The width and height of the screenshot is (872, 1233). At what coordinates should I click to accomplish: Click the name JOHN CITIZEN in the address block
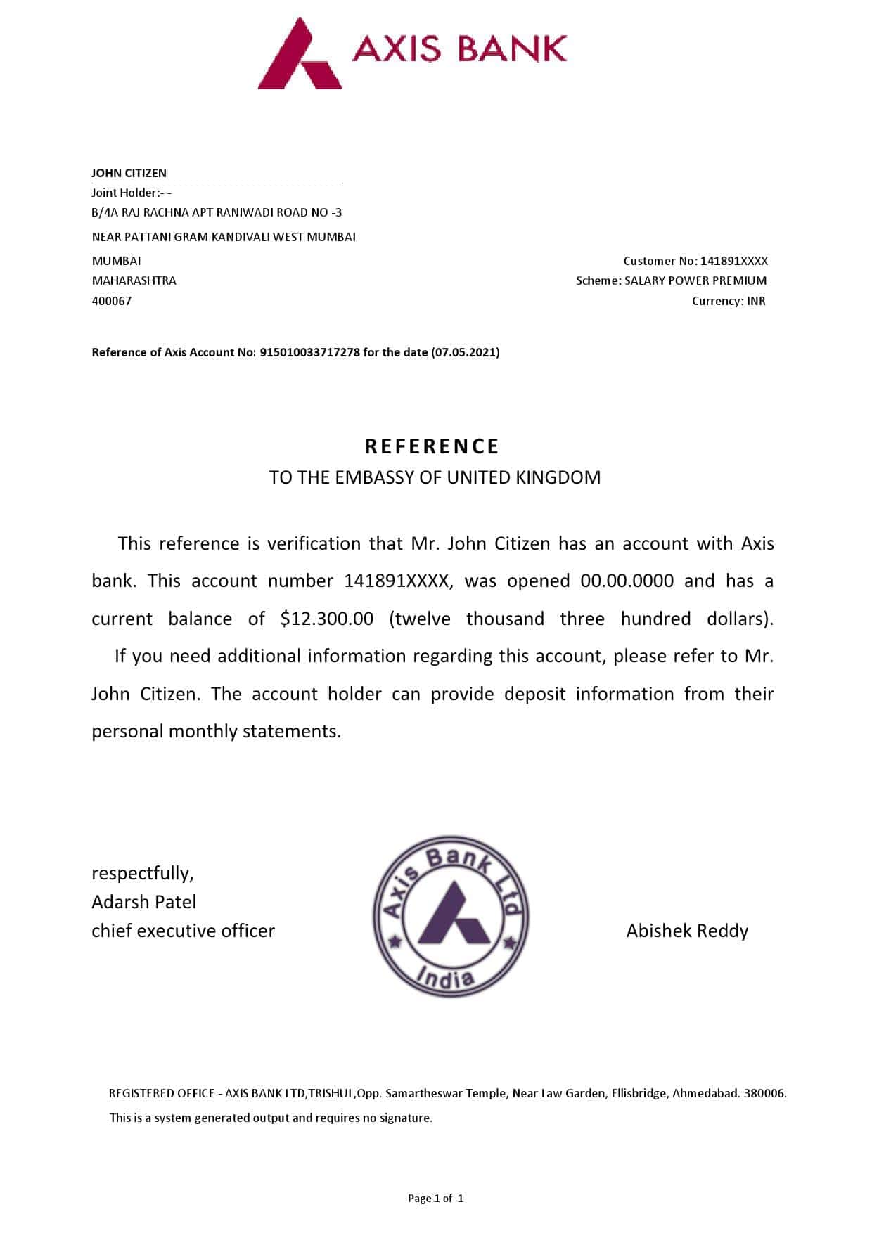click(x=129, y=173)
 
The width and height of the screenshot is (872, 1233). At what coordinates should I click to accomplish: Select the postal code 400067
click(x=112, y=301)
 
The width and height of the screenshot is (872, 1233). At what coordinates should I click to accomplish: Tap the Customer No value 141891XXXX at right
click(x=734, y=261)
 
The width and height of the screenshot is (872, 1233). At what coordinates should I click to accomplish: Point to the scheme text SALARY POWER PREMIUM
click(x=695, y=280)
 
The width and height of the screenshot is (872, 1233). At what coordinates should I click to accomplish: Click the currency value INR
click(x=757, y=301)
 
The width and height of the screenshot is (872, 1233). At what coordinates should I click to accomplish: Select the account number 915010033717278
click(x=309, y=352)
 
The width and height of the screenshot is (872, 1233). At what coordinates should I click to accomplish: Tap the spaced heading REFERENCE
click(x=432, y=446)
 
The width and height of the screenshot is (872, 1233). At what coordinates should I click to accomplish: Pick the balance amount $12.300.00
click(x=327, y=619)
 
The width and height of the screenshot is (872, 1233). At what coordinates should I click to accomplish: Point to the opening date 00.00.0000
click(x=627, y=581)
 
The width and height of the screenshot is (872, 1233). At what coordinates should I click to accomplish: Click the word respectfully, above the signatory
click(x=143, y=873)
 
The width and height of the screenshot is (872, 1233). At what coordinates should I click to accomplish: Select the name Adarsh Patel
click(x=144, y=902)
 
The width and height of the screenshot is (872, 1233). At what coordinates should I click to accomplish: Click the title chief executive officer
click(x=183, y=931)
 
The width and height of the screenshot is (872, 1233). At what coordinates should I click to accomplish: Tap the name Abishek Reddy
click(x=687, y=931)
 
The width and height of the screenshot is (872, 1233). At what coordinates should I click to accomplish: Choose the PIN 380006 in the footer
click(x=765, y=1093)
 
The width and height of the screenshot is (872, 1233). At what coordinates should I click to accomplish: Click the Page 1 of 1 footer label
click(x=435, y=1199)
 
